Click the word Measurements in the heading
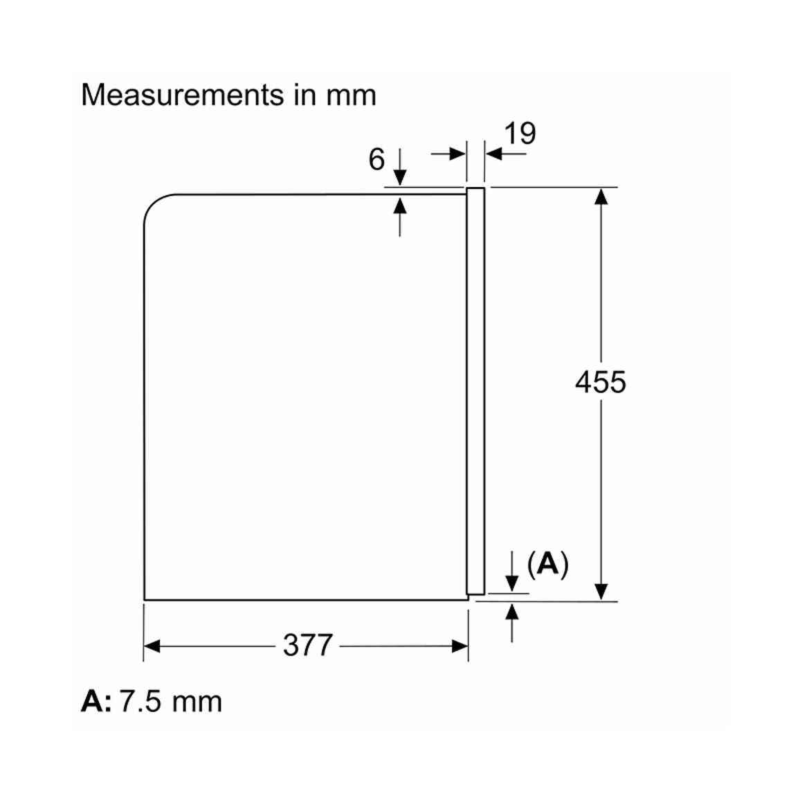tap(182, 95)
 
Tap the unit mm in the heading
tap(351, 96)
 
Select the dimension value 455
tap(601, 382)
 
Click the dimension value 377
tap(308, 646)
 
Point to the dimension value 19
tap(520, 134)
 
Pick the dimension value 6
tap(376, 159)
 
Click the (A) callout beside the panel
tap(547, 564)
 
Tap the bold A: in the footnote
tap(96, 701)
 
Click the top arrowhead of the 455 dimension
tap(601, 197)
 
